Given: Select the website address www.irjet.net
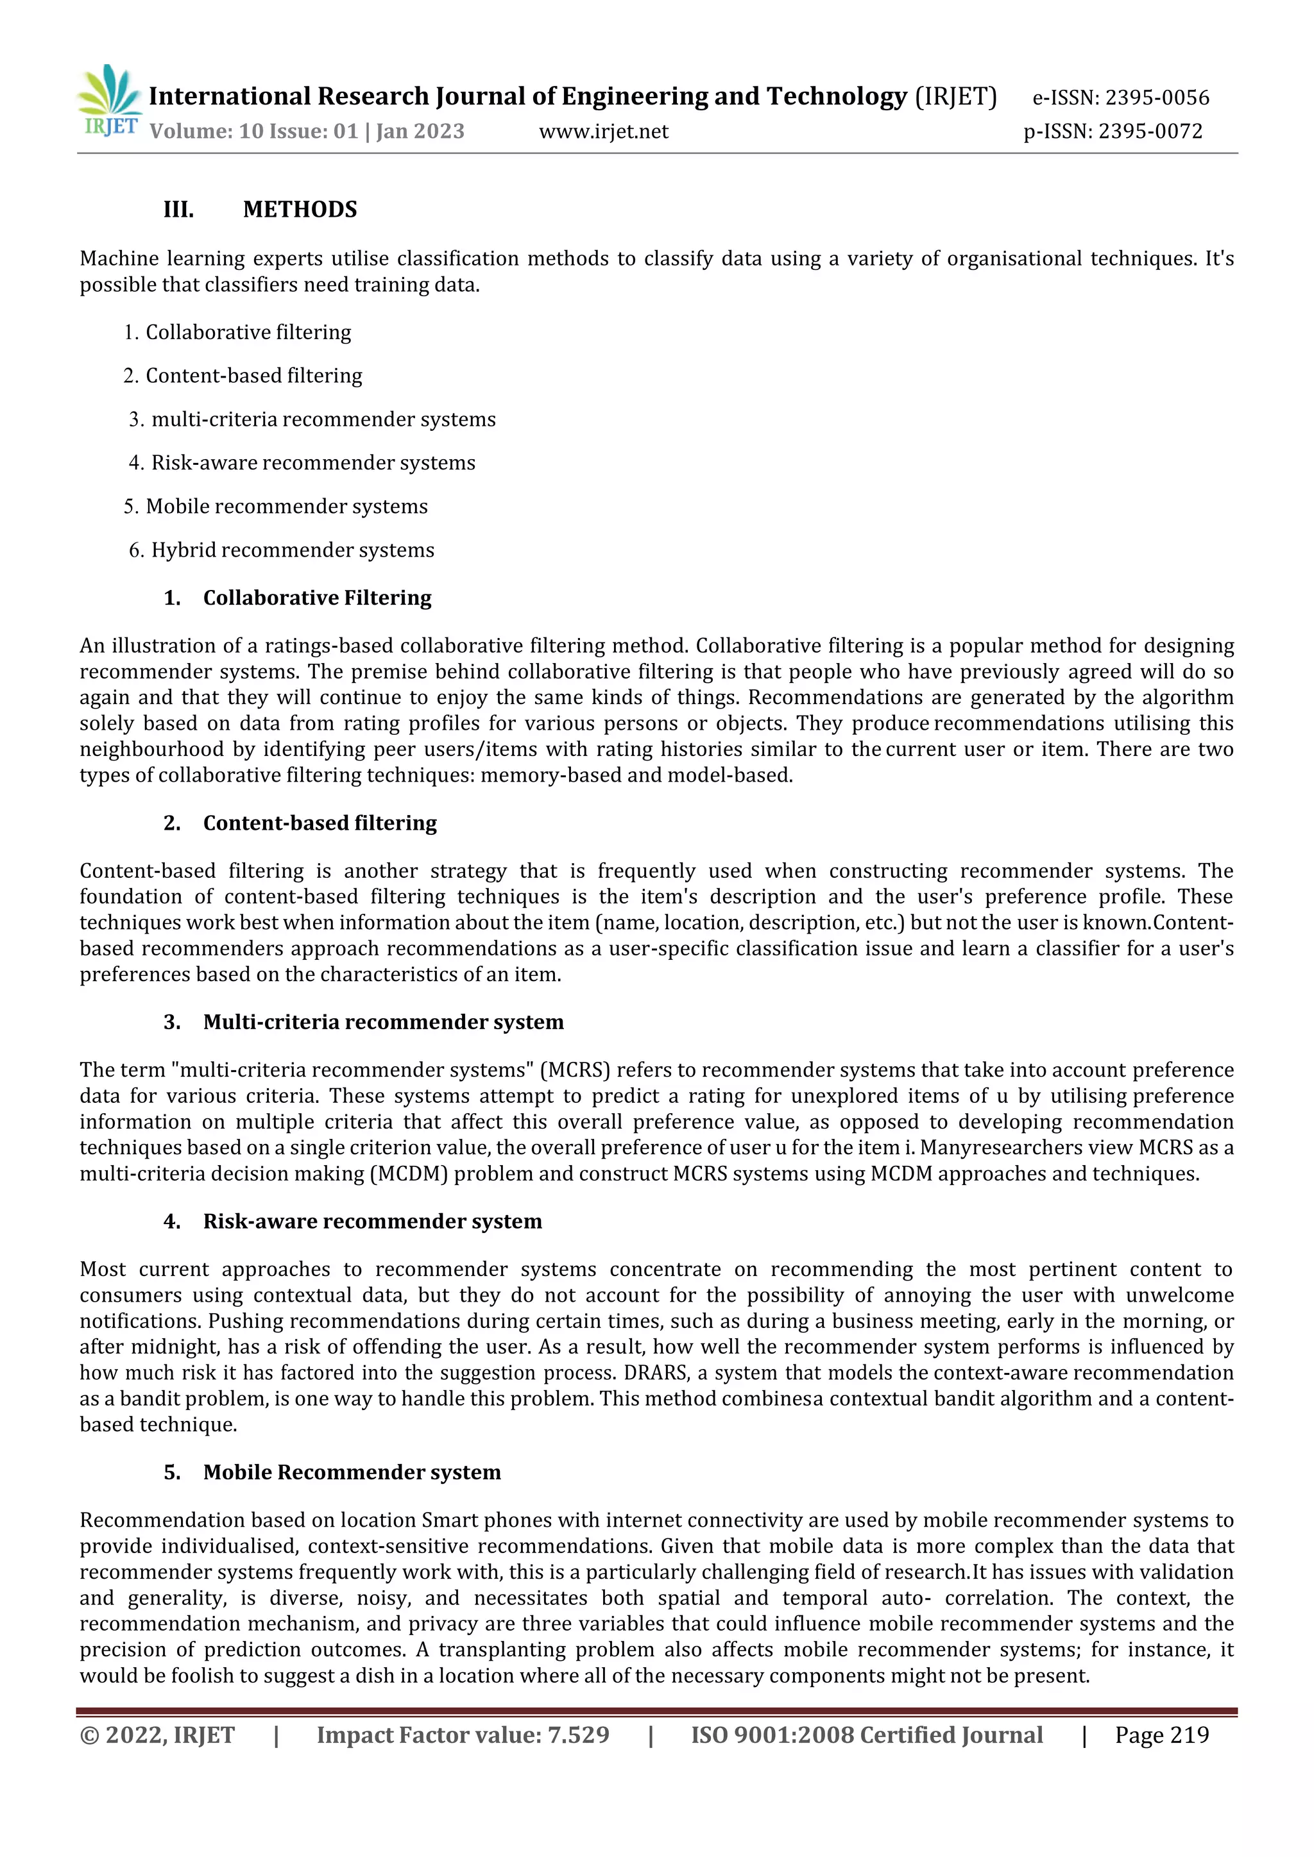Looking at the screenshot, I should (x=604, y=131).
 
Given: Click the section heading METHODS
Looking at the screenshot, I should (x=300, y=210).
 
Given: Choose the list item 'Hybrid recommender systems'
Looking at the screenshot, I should (x=292, y=550).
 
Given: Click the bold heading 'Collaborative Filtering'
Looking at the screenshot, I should (x=317, y=598).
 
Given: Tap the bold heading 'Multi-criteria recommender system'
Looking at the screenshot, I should (x=382, y=1022).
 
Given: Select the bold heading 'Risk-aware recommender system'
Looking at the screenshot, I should (x=372, y=1222).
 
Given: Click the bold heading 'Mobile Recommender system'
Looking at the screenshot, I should (x=352, y=1472).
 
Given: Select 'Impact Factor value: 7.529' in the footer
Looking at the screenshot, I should (x=463, y=1735).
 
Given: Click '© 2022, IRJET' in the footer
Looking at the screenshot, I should (x=157, y=1735).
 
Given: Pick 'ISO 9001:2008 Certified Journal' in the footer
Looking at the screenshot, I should (x=867, y=1735).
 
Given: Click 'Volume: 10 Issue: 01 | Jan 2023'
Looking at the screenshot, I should (x=307, y=131).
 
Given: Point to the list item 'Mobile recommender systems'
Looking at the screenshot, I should (x=286, y=507).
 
